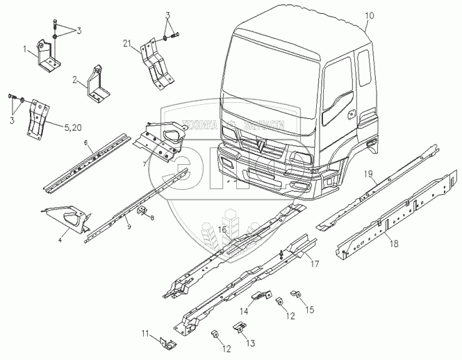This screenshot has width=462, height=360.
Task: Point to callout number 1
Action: [x=26, y=50]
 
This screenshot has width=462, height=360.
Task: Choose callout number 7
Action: [x=144, y=165]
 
